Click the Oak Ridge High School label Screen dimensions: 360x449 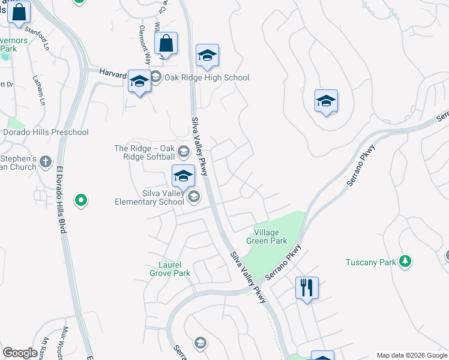coord(206,77)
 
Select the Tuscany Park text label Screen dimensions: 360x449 coord(371,262)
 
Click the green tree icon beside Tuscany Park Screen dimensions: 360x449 coord(406,261)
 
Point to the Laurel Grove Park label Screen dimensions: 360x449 coord(170,269)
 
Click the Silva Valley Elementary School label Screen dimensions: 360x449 coord(149,197)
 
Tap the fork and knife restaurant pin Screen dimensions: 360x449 coord(307,288)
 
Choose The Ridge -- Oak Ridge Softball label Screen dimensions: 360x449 coord(145,152)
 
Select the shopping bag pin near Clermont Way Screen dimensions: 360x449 coord(166,44)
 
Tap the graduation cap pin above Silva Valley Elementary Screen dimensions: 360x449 coord(183,176)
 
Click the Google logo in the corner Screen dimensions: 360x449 coord(20,353)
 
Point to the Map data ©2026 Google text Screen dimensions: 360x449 coord(411,355)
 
